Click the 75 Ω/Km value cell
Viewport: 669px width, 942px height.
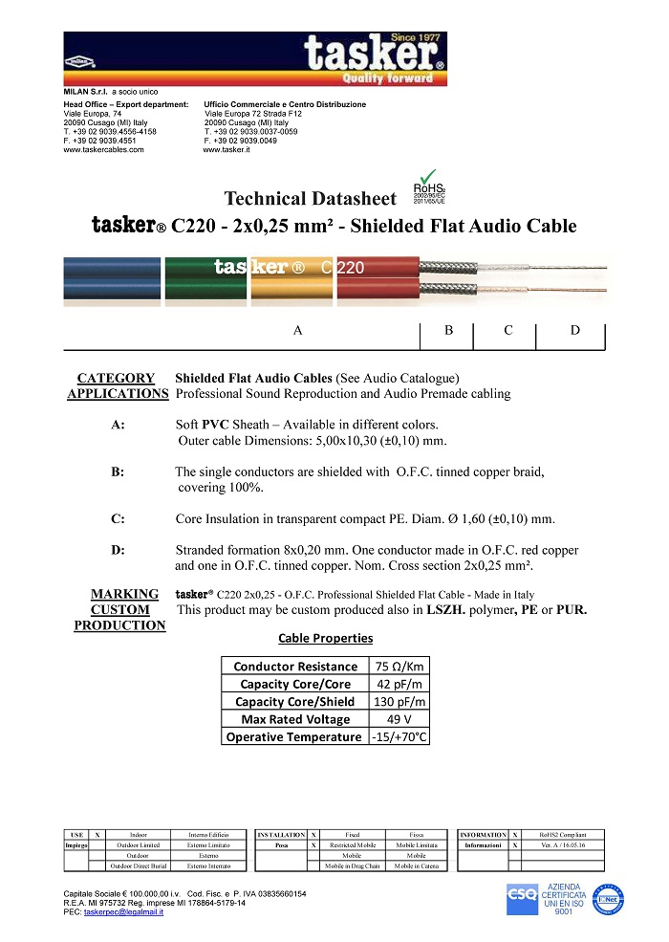(x=396, y=667)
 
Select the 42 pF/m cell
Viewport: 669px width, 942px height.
(x=396, y=684)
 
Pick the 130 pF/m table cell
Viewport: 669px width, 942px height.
(x=396, y=702)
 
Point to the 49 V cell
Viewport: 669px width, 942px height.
(x=396, y=719)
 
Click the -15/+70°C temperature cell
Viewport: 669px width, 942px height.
(x=396, y=737)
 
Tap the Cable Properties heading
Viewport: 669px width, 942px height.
(x=325, y=638)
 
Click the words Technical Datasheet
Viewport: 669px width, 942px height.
(x=310, y=199)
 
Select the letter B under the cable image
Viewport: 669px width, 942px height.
(x=449, y=330)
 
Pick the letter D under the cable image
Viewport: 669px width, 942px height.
(x=574, y=330)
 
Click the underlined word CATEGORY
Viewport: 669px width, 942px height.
(x=116, y=378)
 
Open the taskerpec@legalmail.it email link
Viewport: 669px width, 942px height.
(x=123, y=912)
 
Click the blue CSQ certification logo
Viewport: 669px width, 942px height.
(x=522, y=898)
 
